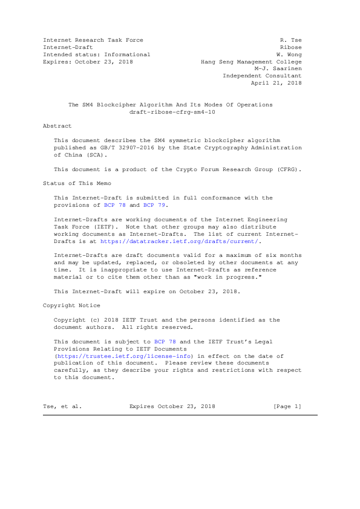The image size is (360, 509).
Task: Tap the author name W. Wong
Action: coord(289,54)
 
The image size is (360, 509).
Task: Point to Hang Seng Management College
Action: coord(251,62)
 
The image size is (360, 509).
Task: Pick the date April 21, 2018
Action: coord(280,83)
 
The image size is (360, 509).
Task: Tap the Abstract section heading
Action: coord(57,126)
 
